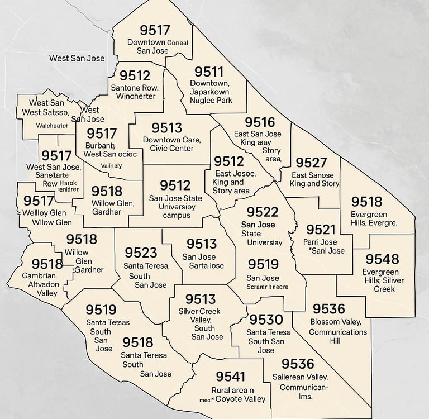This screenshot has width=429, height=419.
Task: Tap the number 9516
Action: (260, 122)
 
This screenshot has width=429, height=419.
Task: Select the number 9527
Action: (311, 163)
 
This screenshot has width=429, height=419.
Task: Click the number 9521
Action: (321, 230)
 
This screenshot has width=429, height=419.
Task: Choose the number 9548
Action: (383, 259)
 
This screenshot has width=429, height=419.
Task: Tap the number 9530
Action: (266, 320)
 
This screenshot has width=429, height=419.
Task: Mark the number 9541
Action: (231, 377)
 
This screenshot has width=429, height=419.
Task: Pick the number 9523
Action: (141, 253)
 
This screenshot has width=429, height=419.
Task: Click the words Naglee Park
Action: (211, 101)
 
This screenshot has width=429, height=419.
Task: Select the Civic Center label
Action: (172, 148)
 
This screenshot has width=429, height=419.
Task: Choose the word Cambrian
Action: (40, 275)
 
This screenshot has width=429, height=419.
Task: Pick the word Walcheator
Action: (52, 126)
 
